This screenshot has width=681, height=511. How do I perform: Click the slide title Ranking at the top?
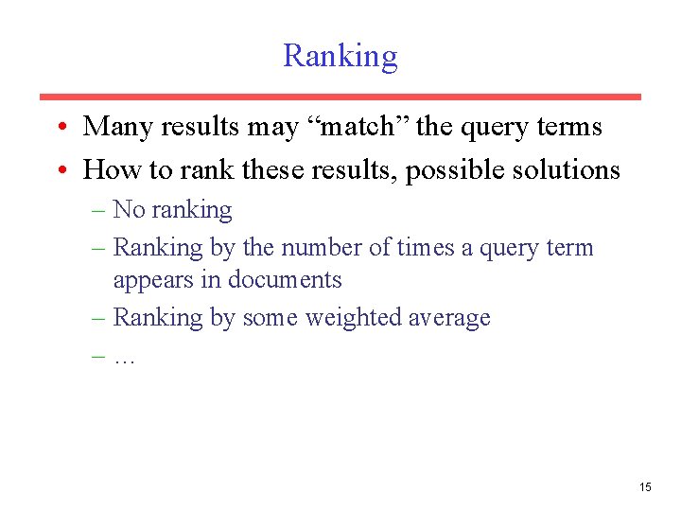tap(340, 56)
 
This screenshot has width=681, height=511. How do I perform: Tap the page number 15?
tap(645, 487)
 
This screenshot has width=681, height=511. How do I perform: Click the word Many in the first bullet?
tap(112, 126)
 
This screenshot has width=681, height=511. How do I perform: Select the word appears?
tap(151, 280)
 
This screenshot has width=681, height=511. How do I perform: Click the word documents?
tap(284, 280)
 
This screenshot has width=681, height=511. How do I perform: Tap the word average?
tap(449, 317)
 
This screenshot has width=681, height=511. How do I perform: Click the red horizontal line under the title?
tap(340, 97)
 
